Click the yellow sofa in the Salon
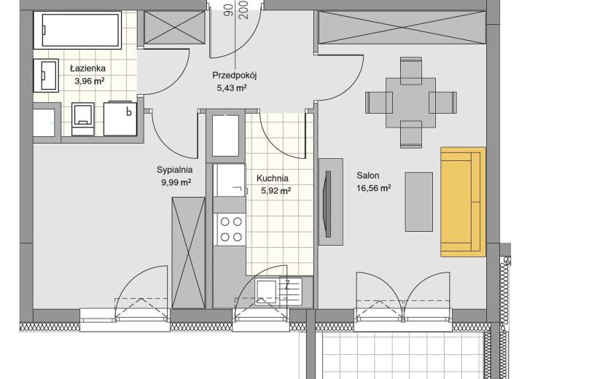[x=463, y=201]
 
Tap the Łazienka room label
[x=87, y=69]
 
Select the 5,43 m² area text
[x=232, y=88]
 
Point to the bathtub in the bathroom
[x=77, y=30]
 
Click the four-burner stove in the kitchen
[x=231, y=229]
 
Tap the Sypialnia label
[x=174, y=170]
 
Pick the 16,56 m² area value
[x=373, y=188]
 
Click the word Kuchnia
[x=273, y=179]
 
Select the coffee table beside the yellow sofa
[x=418, y=202]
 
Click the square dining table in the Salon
[x=410, y=103]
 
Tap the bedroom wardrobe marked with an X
[x=188, y=253]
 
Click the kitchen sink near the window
[x=278, y=291]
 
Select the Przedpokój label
[x=235, y=75]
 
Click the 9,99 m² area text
[x=176, y=182]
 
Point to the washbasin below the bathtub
[x=46, y=75]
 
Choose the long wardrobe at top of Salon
[x=402, y=28]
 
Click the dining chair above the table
[x=411, y=70]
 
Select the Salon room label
[x=367, y=176]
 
